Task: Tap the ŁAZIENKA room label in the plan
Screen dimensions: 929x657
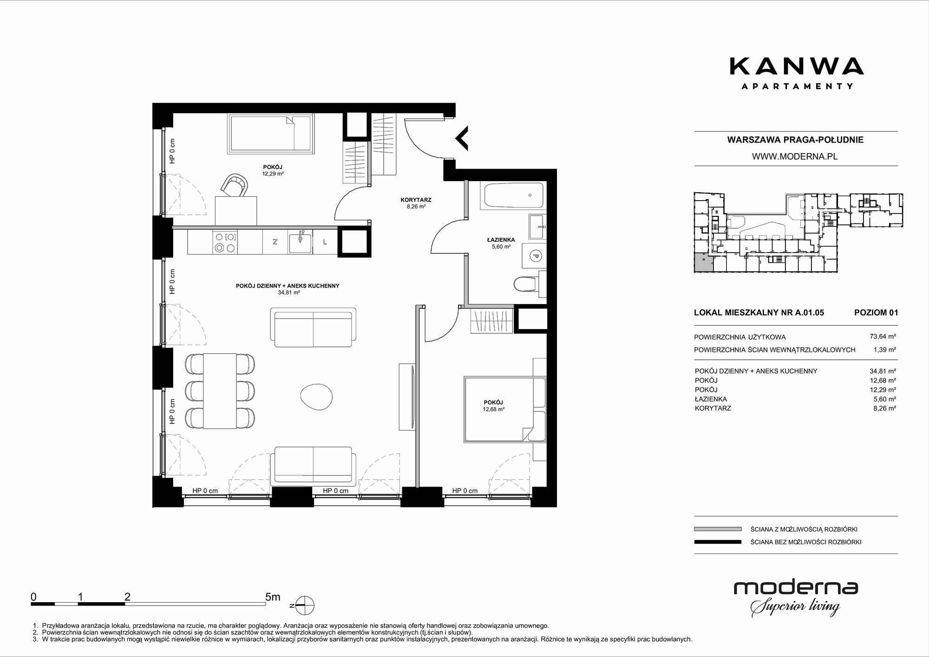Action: (x=501, y=240)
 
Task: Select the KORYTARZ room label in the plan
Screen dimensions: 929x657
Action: (x=416, y=200)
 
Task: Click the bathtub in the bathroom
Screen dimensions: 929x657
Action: (x=513, y=195)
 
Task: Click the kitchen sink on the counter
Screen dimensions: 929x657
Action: (x=300, y=241)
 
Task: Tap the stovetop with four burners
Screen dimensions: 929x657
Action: (x=225, y=242)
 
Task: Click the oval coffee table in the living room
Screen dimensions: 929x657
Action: (x=317, y=396)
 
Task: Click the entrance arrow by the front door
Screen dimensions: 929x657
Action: (x=462, y=138)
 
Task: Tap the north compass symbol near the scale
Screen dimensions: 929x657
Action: (x=303, y=606)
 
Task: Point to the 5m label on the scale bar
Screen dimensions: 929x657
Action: (x=273, y=597)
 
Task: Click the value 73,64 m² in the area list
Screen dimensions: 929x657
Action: (x=883, y=337)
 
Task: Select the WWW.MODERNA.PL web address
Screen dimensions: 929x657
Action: (x=795, y=156)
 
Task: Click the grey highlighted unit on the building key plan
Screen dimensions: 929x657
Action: (x=703, y=263)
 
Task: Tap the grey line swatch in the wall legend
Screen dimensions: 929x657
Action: (x=718, y=529)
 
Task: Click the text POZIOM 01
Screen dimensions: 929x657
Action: (x=876, y=312)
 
